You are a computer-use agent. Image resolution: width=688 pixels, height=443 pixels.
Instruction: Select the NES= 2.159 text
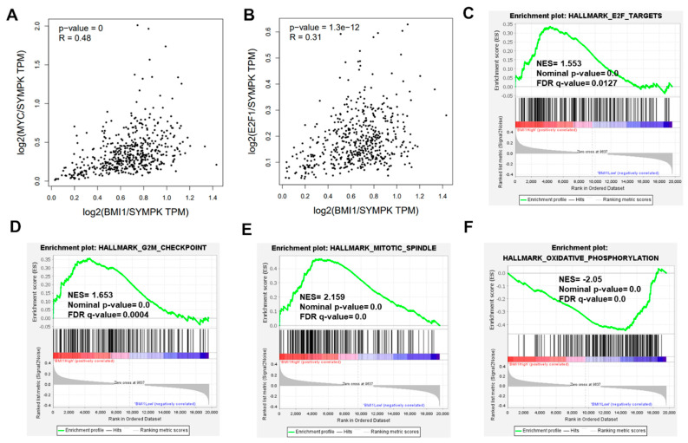pyautogui.click(x=325, y=296)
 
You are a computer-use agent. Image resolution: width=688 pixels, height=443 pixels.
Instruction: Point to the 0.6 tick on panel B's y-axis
pyautogui.click(x=265, y=31)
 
